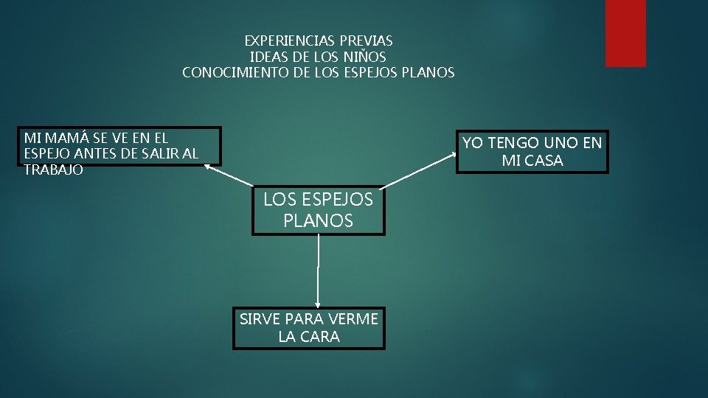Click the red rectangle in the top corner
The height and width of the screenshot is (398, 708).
[625, 33]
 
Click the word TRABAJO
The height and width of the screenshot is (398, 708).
[53, 170]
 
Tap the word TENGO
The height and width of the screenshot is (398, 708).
[514, 143]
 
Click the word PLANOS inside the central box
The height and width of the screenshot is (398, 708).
[318, 220]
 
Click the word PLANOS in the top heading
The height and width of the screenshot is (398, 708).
[428, 73]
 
